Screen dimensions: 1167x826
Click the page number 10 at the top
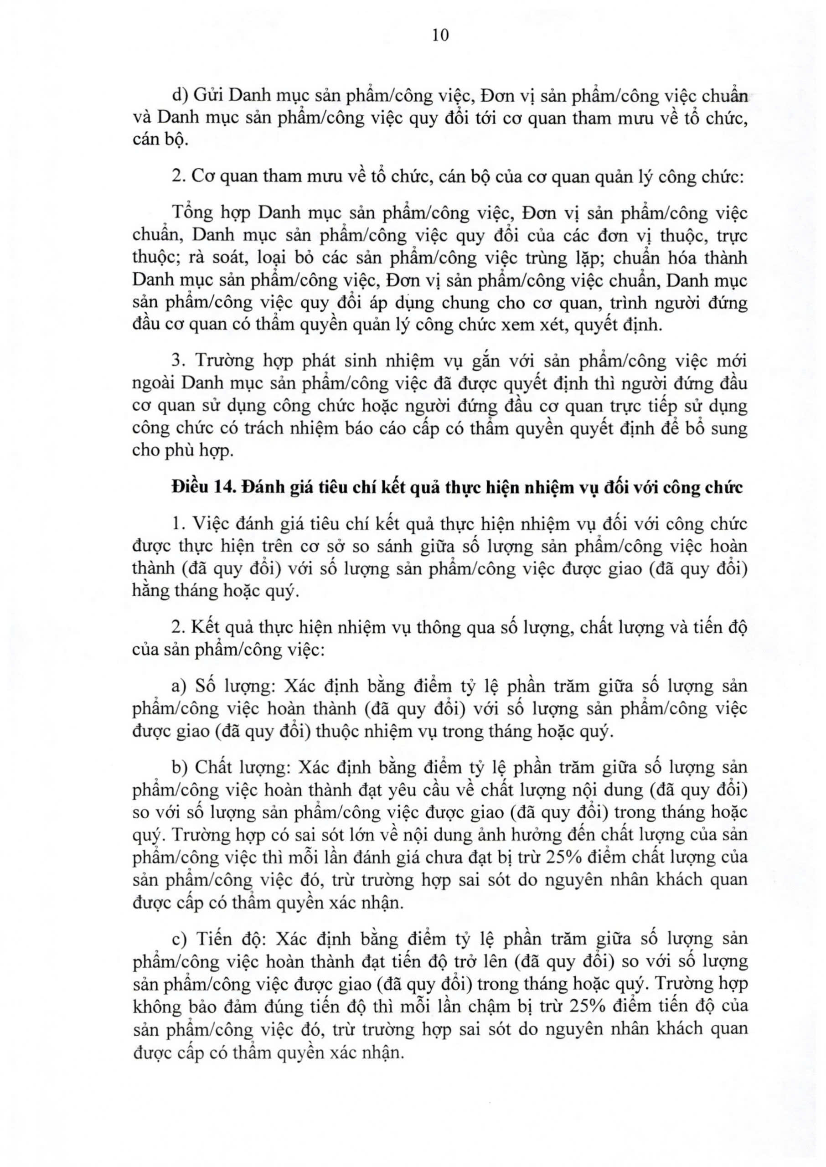pyautogui.click(x=440, y=35)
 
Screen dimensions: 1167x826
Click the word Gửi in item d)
pyautogui.click(x=208, y=96)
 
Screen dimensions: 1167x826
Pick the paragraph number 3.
pyautogui.click(x=177, y=361)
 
